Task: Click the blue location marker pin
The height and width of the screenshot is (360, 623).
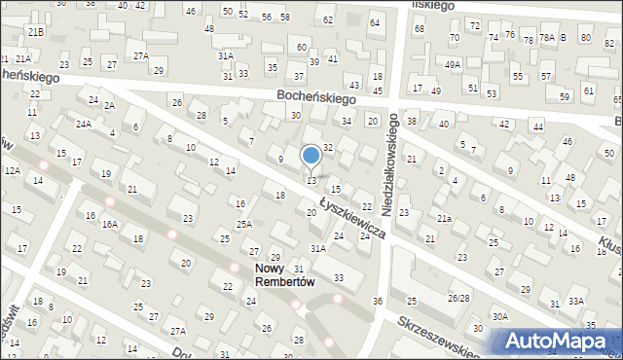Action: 311,156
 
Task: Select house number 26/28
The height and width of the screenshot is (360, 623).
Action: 458,298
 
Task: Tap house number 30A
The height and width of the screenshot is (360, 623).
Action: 499,316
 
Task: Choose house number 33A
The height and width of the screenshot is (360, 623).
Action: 576,302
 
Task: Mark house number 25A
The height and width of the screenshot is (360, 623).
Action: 243,224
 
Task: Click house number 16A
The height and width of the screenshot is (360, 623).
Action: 110,224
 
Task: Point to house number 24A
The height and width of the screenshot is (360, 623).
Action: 85,124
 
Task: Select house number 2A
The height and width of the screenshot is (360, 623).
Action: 110,105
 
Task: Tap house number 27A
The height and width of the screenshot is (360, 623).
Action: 141,55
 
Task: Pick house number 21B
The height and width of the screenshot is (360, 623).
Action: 36,32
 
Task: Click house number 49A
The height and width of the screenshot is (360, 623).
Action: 453,64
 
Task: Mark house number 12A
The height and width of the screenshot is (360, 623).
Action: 12,170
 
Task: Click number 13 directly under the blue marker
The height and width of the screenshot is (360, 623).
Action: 311,180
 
